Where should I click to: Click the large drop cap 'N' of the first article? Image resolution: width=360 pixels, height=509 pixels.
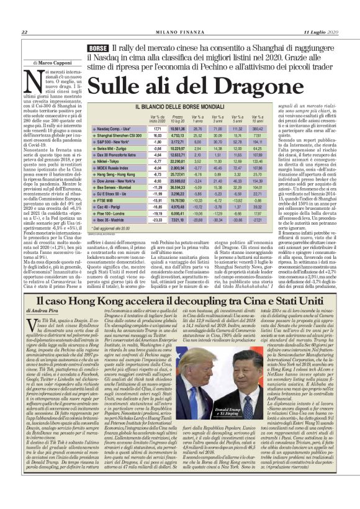tap(32, 81)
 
